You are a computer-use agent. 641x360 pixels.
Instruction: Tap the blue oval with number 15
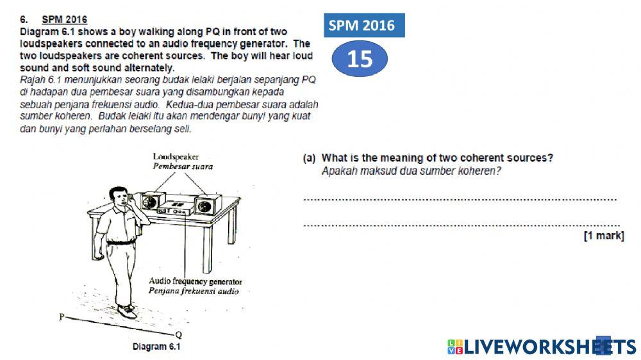click(360, 59)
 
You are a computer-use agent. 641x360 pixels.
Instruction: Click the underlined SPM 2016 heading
click(65, 19)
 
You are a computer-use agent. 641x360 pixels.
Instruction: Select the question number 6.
click(24, 19)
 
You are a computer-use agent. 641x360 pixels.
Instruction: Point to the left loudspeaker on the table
click(150, 201)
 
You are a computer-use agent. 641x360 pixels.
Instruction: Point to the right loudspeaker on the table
click(208, 205)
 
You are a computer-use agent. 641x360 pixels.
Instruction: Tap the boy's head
click(119, 197)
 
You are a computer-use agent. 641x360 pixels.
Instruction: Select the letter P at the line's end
click(62, 316)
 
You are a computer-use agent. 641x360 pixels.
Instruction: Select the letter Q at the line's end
click(179, 334)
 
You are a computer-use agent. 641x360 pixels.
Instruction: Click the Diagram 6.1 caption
click(156, 347)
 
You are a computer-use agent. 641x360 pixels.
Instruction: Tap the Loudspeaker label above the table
click(176, 156)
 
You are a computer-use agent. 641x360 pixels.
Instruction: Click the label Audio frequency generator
click(196, 281)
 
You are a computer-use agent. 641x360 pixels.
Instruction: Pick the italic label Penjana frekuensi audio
click(194, 291)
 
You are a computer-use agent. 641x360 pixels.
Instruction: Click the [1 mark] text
click(604, 236)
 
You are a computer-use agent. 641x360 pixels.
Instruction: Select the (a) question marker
click(309, 158)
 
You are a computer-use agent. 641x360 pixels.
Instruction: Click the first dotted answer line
click(460, 200)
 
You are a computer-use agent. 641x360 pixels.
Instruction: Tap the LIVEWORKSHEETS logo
click(542, 347)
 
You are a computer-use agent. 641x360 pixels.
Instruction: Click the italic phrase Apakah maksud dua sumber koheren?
click(412, 171)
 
